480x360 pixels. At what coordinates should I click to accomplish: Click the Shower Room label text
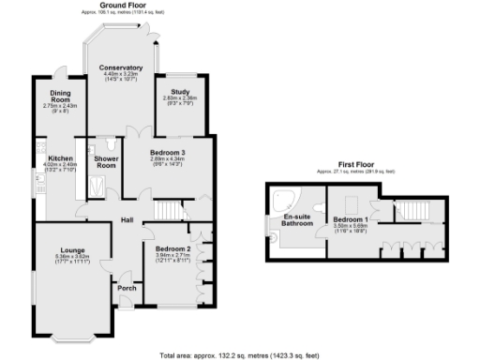pos(104,162)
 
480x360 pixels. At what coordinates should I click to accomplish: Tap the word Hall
pos(127,221)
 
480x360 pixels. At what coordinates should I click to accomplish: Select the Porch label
pos(126,288)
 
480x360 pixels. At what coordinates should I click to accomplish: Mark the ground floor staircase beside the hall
pos(167,211)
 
